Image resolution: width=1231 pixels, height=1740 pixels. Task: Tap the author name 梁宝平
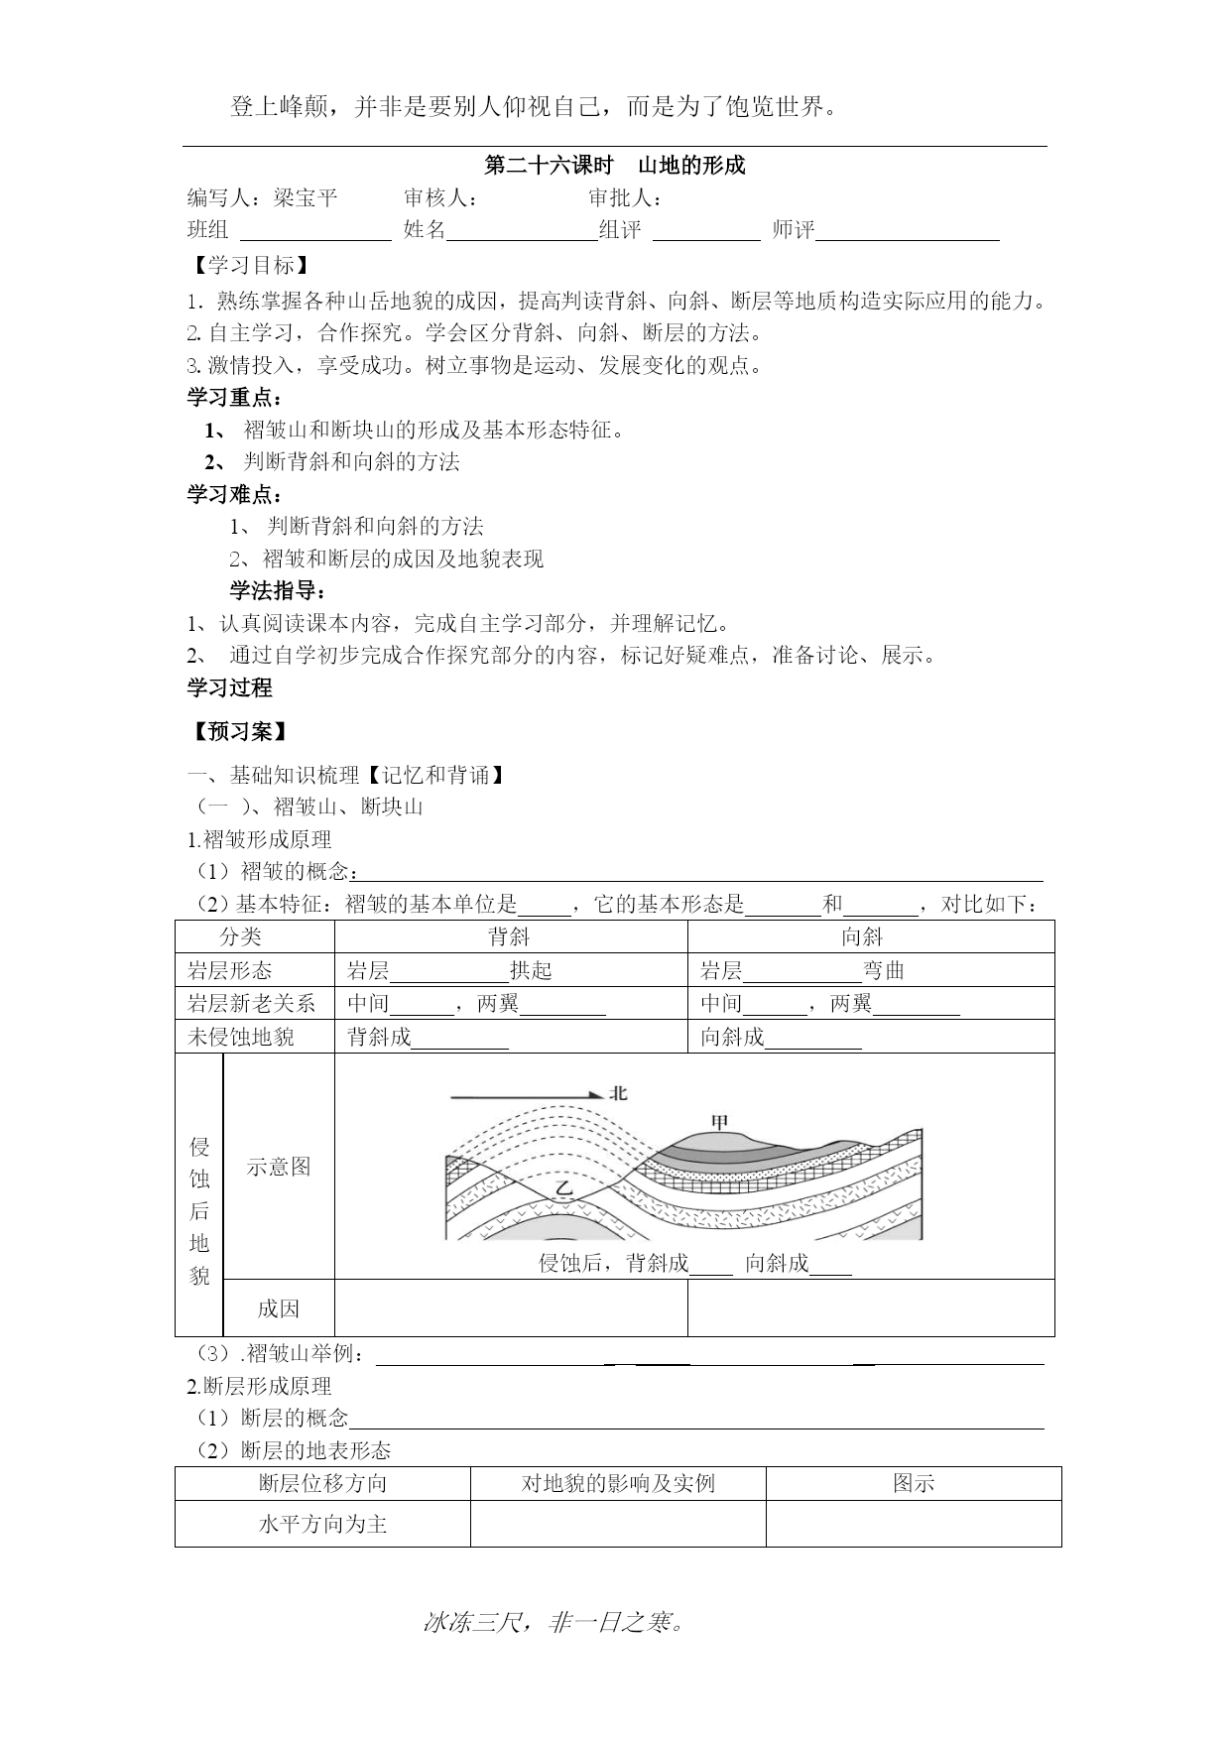click(x=306, y=198)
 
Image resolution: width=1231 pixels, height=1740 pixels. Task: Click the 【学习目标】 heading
click(x=251, y=266)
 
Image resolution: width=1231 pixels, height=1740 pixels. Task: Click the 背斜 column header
click(x=510, y=937)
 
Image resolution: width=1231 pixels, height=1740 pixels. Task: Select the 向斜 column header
click(x=861, y=937)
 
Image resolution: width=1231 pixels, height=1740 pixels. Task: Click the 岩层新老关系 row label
click(x=251, y=1004)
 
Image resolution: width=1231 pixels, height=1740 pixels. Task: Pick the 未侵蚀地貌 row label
click(x=241, y=1038)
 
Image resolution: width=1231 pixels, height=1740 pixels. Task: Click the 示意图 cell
click(x=279, y=1167)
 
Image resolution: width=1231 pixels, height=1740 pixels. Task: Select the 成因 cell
click(x=279, y=1308)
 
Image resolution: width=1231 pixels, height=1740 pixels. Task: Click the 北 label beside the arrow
click(x=619, y=1093)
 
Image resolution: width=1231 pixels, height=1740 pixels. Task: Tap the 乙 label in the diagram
click(x=563, y=1187)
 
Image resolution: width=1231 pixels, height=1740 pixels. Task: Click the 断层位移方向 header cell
click(x=322, y=1484)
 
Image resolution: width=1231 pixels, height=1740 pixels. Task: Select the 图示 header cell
click(x=914, y=1484)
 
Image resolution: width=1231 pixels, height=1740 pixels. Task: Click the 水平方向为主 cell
click(x=322, y=1524)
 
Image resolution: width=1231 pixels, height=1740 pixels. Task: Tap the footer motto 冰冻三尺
click(x=554, y=1623)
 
